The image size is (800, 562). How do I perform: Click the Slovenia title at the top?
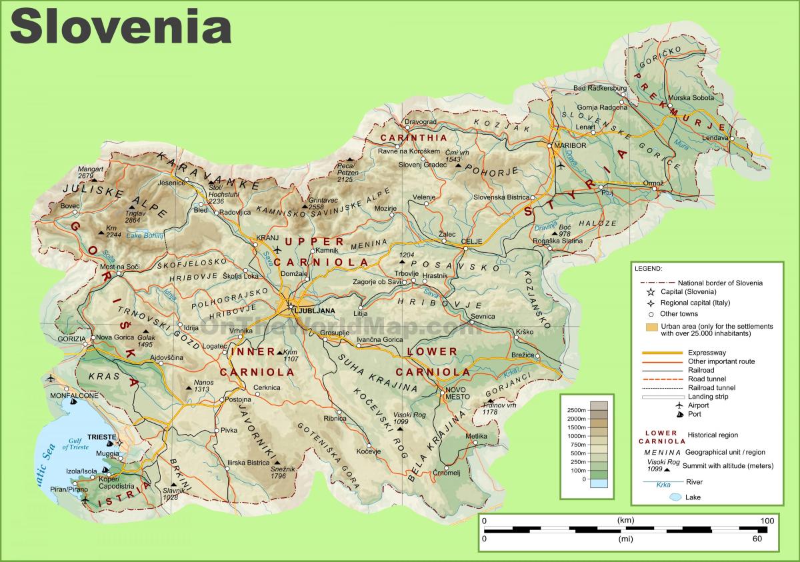point(120,27)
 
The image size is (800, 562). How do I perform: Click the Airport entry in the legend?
point(694,405)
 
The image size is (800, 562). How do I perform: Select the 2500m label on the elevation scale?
point(574,409)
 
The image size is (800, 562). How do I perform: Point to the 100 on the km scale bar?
point(767,520)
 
